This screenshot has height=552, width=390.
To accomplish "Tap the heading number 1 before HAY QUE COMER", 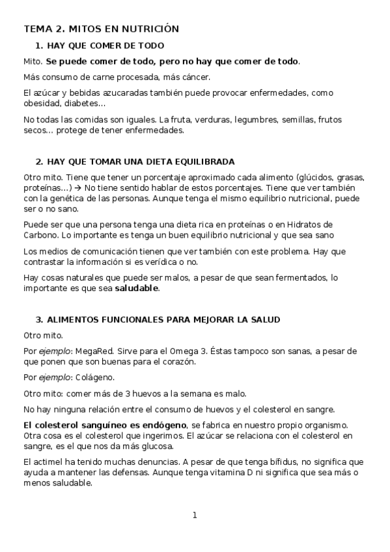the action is (38, 46).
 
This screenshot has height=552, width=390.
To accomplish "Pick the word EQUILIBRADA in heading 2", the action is (202, 161).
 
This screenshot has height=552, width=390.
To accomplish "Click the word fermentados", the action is (298, 278).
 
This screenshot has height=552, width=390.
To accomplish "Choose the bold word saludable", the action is (137, 288).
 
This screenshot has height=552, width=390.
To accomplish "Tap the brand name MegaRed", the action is (93, 351).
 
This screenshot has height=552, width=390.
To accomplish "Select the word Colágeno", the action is (96, 377).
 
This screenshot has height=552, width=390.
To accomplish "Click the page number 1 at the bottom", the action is (195, 515).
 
